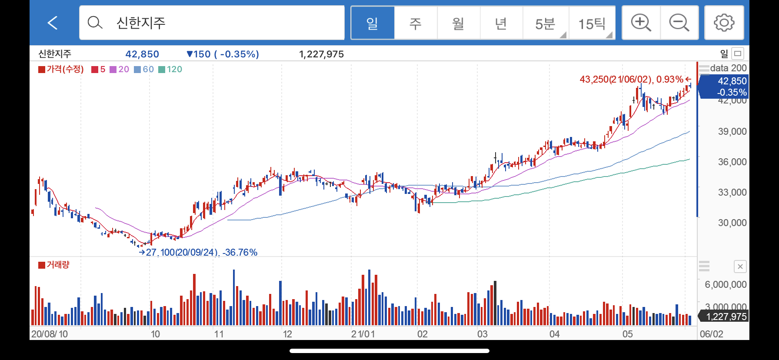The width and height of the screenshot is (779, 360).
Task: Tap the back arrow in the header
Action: [x=53, y=23]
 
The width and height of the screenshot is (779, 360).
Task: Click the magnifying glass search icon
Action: [x=95, y=22]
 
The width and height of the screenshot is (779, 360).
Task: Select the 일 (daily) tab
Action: [x=373, y=23]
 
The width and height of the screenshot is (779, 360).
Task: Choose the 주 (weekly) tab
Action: [x=416, y=23]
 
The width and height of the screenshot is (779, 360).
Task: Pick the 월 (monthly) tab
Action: [x=458, y=23]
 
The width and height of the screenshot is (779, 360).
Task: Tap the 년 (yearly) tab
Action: [x=501, y=23]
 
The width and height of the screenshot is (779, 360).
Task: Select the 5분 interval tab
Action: [x=545, y=23]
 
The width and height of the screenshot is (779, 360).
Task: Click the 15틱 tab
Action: [x=592, y=23]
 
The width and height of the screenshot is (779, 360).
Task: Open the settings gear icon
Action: [x=724, y=23]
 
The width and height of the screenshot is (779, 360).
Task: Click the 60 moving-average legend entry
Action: [x=144, y=69]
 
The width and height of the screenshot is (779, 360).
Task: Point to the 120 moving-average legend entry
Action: [x=170, y=69]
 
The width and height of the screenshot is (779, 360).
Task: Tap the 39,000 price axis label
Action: [x=732, y=131]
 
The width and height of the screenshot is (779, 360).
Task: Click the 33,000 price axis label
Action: [x=732, y=192]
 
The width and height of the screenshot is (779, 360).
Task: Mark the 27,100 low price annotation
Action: [x=198, y=252]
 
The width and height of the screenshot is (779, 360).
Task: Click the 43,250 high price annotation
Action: [x=635, y=79]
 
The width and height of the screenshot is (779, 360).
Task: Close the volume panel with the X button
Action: [x=740, y=267]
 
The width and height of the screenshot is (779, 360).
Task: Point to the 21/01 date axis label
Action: [x=363, y=334]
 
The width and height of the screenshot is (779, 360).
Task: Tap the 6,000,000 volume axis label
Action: [x=726, y=284]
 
